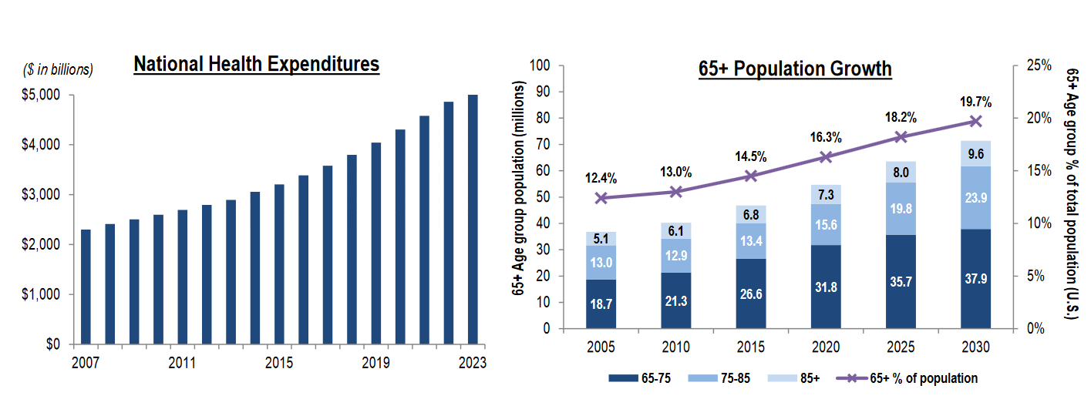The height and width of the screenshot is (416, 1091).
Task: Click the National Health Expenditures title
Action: [x=256, y=64]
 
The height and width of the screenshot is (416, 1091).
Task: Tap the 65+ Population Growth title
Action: [x=795, y=69]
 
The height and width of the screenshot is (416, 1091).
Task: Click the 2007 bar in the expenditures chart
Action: [x=86, y=286]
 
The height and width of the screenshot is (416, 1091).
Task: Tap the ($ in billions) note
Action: [x=57, y=69]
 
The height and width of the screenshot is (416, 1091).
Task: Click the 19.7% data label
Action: [x=975, y=102]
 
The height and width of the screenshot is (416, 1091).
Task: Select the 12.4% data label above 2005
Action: [x=601, y=179]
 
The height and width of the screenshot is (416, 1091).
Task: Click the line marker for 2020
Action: [x=826, y=157]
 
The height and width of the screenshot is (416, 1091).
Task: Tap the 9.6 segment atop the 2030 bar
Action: [x=975, y=153]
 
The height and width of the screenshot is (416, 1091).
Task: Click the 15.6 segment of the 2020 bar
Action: [x=826, y=224]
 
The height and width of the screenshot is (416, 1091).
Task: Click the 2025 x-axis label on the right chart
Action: [x=901, y=347]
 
